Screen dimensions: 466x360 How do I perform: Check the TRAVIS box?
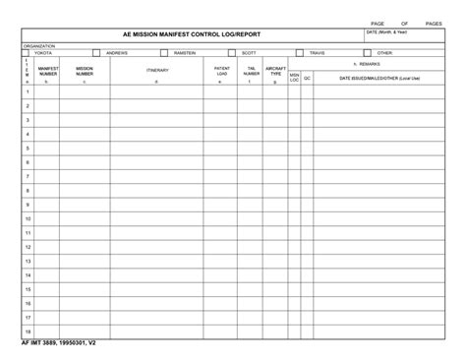click(299, 52)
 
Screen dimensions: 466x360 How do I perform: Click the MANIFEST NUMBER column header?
click(48, 71)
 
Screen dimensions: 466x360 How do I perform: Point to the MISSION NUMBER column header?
click(85, 71)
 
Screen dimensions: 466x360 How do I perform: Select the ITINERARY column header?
click(157, 70)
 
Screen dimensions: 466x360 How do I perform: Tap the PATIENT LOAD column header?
click(221, 71)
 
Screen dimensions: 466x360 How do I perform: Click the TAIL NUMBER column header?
click(251, 71)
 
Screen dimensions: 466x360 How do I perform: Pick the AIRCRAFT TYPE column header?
click(276, 71)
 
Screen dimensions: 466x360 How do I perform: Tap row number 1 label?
click(28, 91)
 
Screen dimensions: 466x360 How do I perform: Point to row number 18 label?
click(28, 331)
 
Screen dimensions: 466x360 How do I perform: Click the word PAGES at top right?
click(434, 22)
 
